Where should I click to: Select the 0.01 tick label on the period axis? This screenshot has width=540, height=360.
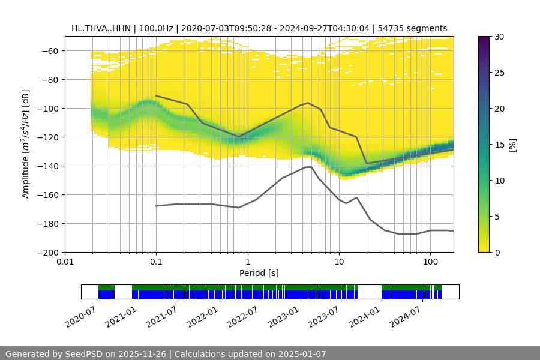point(65,262)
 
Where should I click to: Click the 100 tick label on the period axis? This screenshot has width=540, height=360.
point(430,262)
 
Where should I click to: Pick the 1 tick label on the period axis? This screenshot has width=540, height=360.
point(247,262)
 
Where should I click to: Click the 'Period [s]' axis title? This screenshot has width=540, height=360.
point(259,273)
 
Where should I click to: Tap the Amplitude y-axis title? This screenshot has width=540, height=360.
point(25,144)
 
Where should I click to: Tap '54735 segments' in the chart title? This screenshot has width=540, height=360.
point(415,28)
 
